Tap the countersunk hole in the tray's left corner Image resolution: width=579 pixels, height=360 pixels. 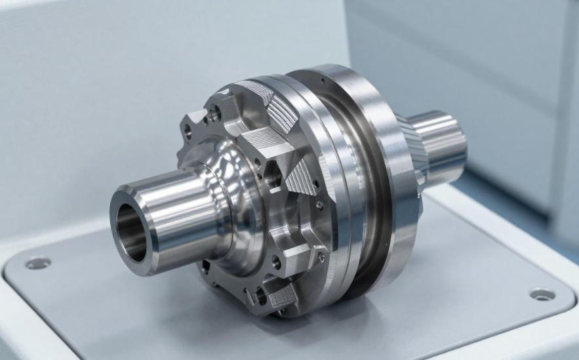tap(38, 262)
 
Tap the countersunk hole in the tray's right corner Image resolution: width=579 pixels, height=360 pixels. tap(542, 294)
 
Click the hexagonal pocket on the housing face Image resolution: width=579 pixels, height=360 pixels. tap(272, 174)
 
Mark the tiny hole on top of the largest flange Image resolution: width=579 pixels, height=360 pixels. tap(323, 81)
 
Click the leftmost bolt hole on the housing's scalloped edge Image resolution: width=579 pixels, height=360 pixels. tap(189, 130)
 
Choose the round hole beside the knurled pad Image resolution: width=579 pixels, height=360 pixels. tap(260, 297)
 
